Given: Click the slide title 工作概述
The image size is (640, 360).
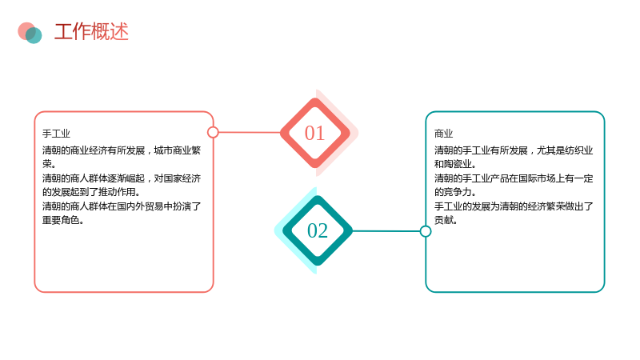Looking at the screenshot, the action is coord(91,32).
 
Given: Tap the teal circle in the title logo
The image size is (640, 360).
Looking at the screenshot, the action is coord(34,35).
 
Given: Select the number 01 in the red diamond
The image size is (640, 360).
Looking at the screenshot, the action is coord(314,133).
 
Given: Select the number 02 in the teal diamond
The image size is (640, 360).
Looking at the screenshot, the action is coord(318,230).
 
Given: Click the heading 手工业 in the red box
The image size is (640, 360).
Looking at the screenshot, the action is coord(56,134).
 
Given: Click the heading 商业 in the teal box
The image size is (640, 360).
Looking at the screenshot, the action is coord(444,134).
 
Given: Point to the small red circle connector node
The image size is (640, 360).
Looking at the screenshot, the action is coord(213,132).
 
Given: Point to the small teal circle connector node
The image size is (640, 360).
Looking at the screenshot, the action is coord(426,231).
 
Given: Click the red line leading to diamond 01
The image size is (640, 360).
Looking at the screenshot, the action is coord(250,132).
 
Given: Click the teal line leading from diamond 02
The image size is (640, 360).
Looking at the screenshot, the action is coord(386,231).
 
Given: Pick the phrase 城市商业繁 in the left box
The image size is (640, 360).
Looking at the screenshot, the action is coord(177,150).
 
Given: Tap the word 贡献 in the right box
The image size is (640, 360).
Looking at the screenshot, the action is coord(444,220).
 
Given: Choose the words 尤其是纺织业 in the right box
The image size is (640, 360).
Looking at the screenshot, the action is coord(565,150).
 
